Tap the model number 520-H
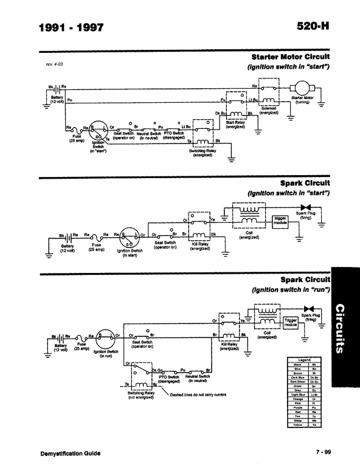[313, 27]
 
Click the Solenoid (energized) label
[268, 111]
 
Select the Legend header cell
[305, 359]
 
